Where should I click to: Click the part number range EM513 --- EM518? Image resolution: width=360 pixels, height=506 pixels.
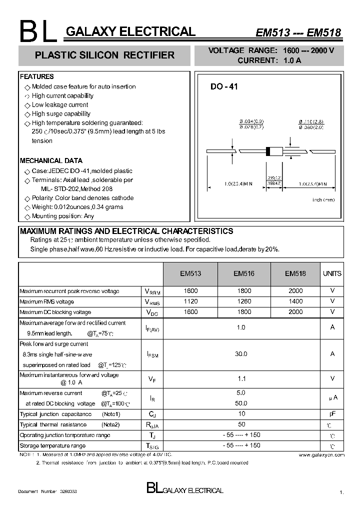pos(298,33)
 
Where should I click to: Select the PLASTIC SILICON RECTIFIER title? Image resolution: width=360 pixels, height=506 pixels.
pos(105,55)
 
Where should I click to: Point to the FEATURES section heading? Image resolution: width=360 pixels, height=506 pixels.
pos(36,77)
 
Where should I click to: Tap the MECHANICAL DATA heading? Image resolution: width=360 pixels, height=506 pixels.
pos(51,161)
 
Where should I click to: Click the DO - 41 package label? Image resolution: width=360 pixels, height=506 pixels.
pos(224,86)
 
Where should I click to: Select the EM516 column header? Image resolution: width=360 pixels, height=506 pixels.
pos(244,273)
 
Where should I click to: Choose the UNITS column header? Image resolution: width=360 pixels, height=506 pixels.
pos(332,273)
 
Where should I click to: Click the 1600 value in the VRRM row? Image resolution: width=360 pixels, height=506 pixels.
pos(190,290)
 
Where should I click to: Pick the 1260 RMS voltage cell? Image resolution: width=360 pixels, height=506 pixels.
pos(244,301)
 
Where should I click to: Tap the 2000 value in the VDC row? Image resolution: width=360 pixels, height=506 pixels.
pos(295,311)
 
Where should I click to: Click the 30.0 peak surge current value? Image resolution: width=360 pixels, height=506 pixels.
pos(241,354)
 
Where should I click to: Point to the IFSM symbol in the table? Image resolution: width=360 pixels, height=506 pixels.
pos(152,354)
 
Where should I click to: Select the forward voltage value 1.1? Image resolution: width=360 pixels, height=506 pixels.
pos(241,379)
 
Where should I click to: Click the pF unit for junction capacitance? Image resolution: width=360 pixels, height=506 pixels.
pos(332,414)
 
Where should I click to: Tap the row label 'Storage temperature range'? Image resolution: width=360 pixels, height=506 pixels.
pos(52,445)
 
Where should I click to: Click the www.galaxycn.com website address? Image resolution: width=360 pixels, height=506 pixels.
pos(321,455)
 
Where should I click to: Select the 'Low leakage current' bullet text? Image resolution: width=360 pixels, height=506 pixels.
pos(60,105)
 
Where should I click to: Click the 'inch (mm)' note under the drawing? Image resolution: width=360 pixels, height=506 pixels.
pos(323,200)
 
